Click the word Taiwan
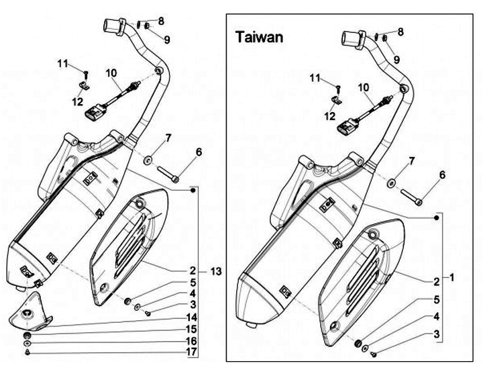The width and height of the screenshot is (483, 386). coord(259,37)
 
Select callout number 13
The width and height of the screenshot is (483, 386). coord(215,271)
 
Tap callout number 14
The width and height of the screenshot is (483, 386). coord(191,317)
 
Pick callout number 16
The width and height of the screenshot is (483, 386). coord(191,340)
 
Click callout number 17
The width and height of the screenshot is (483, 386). coord(191,352)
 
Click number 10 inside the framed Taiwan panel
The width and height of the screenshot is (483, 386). coord(363,87)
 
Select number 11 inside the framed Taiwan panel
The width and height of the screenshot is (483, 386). coord(315,79)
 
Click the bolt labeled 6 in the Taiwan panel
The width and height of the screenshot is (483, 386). coord(413,197)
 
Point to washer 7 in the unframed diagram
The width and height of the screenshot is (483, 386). coord(146,160)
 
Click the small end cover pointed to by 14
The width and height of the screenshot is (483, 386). coord(30,313)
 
